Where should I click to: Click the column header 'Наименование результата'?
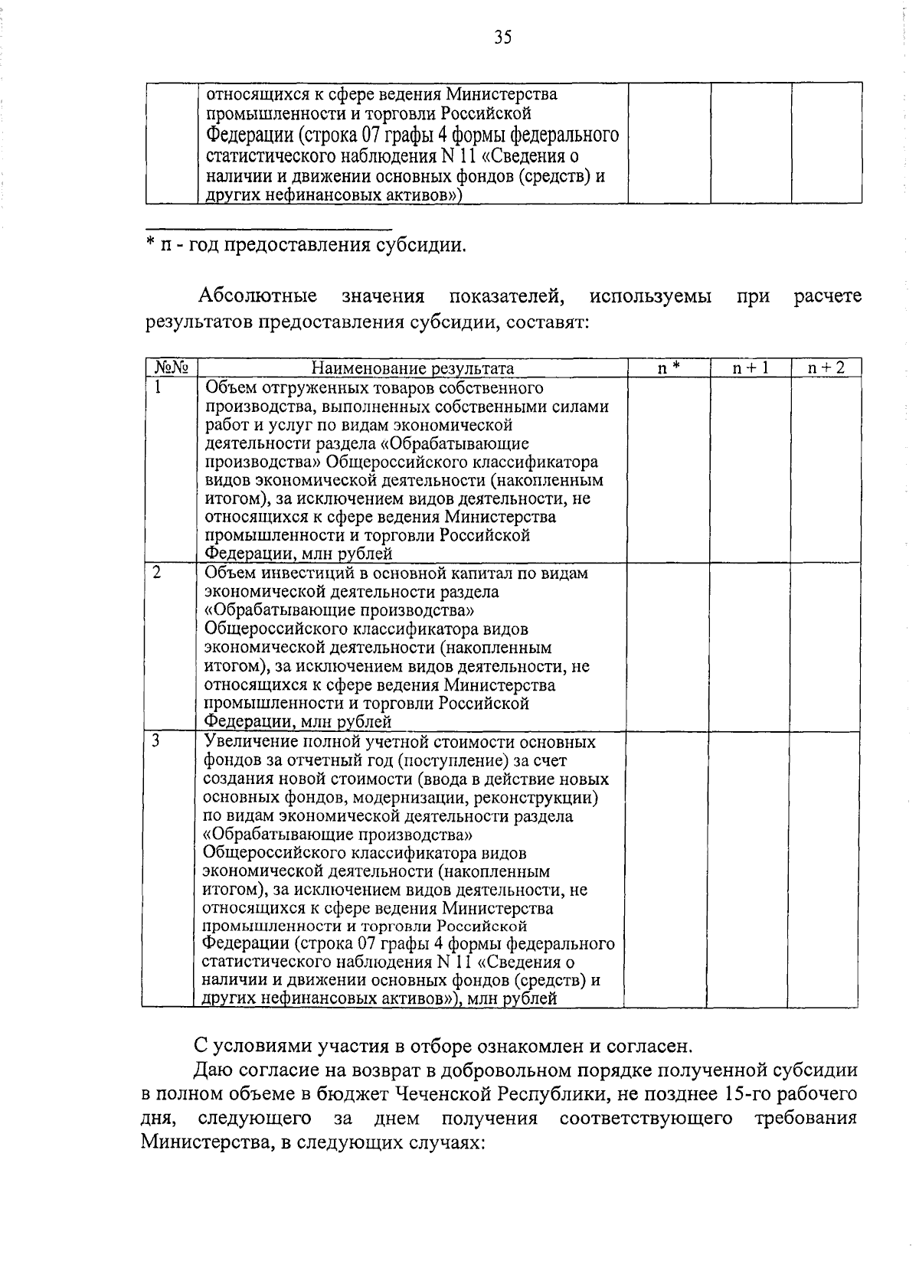(x=412, y=369)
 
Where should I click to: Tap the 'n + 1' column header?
(x=750, y=368)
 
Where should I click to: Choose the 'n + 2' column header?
(x=826, y=368)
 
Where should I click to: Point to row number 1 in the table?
(x=159, y=387)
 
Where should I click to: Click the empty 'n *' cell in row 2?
(x=666, y=647)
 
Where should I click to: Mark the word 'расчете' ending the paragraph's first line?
(x=827, y=296)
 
